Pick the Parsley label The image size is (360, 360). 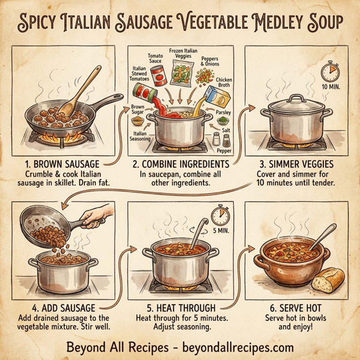[x=223, y=112]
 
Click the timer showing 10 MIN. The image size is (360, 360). [x=329, y=73]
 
